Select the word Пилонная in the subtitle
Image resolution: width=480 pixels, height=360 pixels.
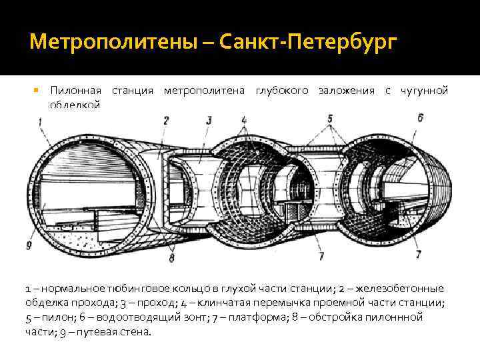coord(75,91)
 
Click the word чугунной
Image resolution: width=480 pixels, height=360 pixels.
coord(423,91)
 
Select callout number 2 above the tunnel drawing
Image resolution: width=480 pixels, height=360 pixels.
coord(165,121)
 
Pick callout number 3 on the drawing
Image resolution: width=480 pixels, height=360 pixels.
coord(209,121)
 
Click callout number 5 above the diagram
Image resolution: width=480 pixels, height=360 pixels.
coord(329,119)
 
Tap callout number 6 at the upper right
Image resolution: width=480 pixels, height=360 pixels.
coord(420,118)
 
